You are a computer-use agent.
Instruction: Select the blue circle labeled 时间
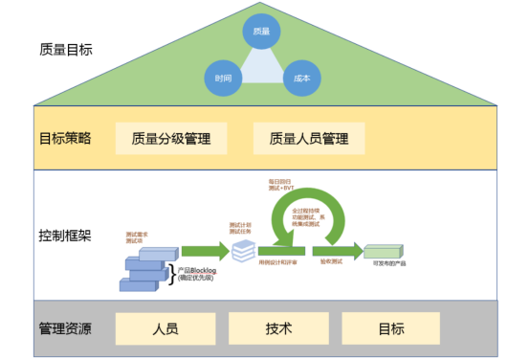click(223, 78)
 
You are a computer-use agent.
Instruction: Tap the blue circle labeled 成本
click(301, 78)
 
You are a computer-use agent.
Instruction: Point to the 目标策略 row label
click(65, 138)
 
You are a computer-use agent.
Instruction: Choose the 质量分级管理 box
click(171, 138)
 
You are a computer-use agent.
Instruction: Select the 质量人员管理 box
click(309, 138)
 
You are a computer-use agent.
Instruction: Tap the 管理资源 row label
click(65, 328)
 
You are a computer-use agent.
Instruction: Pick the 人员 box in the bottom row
click(165, 328)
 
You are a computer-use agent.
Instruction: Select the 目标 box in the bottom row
click(390, 328)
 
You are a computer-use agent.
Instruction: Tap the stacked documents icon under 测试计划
click(243, 251)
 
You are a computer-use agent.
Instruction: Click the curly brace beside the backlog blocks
click(172, 273)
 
